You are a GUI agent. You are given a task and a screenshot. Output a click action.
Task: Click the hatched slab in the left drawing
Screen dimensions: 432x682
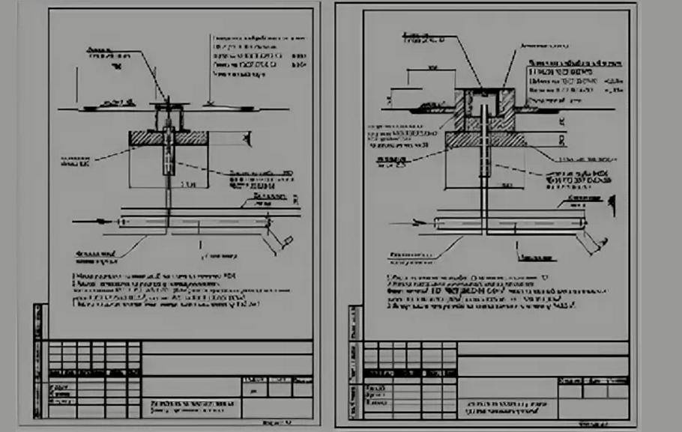142,139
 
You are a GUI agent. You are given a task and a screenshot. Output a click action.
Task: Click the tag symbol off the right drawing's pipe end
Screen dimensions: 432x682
596,242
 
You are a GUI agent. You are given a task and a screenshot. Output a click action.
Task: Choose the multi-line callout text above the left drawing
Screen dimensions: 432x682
259,56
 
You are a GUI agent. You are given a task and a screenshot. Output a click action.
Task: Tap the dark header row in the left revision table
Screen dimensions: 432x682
94,372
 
